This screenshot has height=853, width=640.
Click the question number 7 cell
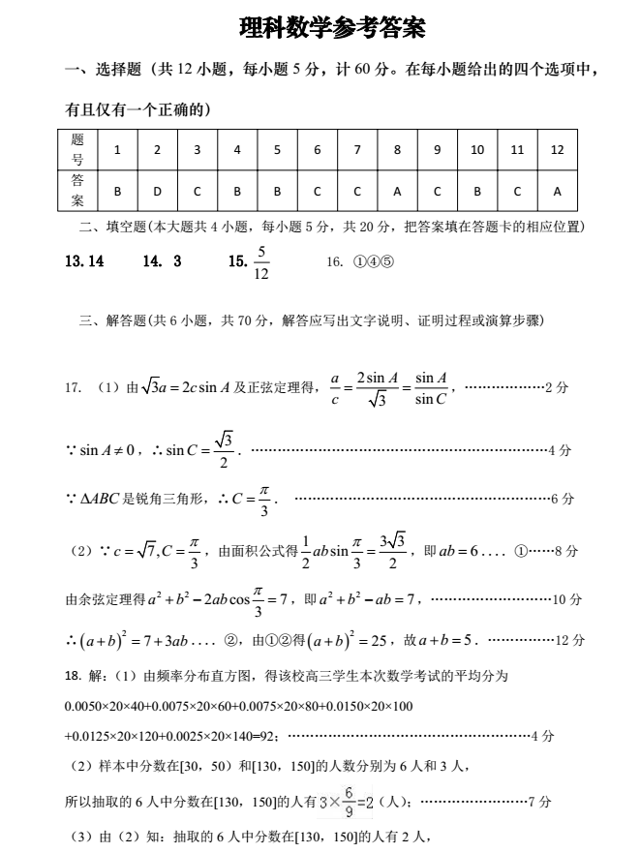tap(357, 150)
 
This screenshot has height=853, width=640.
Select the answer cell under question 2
tap(157, 191)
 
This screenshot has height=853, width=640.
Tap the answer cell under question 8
tap(397, 191)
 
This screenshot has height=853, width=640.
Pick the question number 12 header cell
tap(557, 150)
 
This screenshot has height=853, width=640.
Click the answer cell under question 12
tap(557, 191)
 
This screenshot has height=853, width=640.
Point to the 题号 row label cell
tap(77, 150)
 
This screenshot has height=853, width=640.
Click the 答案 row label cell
tap(77, 191)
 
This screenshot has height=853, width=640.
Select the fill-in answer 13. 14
tap(84, 261)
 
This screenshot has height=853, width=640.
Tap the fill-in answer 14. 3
tap(162, 261)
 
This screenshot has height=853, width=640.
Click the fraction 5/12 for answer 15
tap(260, 262)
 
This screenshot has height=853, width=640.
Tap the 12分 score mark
tap(571, 640)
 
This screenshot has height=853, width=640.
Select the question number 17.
tap(73, 387)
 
